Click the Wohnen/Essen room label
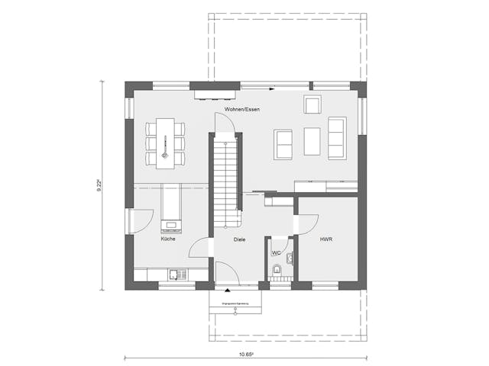click(242, 111)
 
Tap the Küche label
click(168, 239)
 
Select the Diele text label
click(240, 239)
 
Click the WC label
click(276, 252)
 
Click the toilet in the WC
click(277, 270)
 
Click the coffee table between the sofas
click(312, 141)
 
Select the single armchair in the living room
click(312, 105)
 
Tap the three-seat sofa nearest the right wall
click(337, 137)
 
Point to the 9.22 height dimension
click(100, 185)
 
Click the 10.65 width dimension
click(245, 355)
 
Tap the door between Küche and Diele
click(200, 249)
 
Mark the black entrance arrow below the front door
click(226, 290)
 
